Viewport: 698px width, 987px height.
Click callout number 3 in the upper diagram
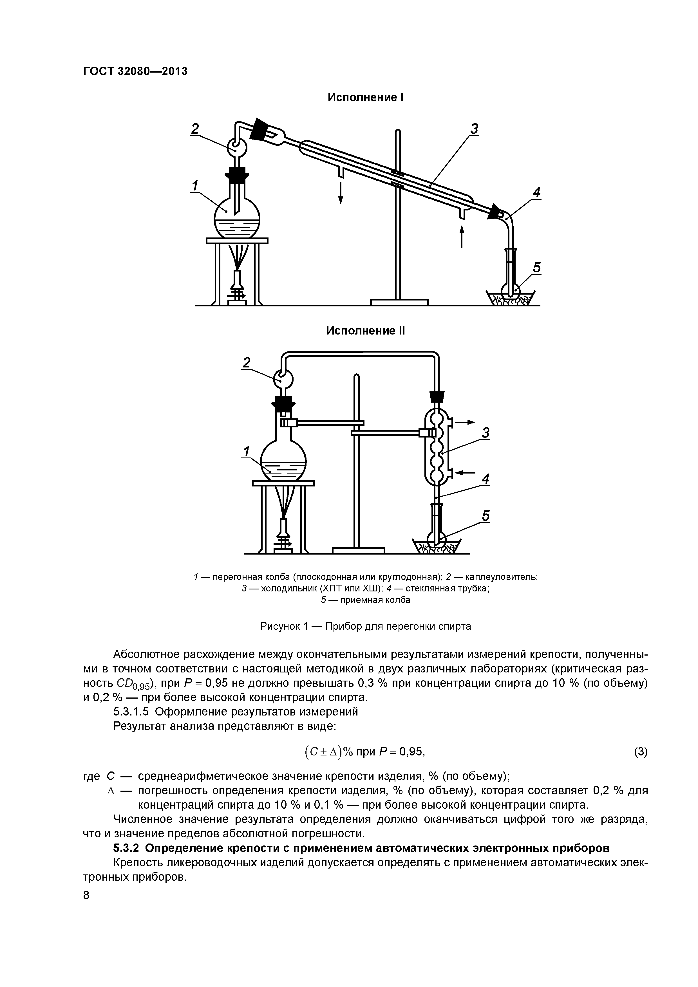(x=474, y=129)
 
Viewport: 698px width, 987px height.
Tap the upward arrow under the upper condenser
(x=462, y=236)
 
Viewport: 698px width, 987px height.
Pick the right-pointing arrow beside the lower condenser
(x=465, y=422)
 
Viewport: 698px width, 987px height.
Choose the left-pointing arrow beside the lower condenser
(x=465, y=473)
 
